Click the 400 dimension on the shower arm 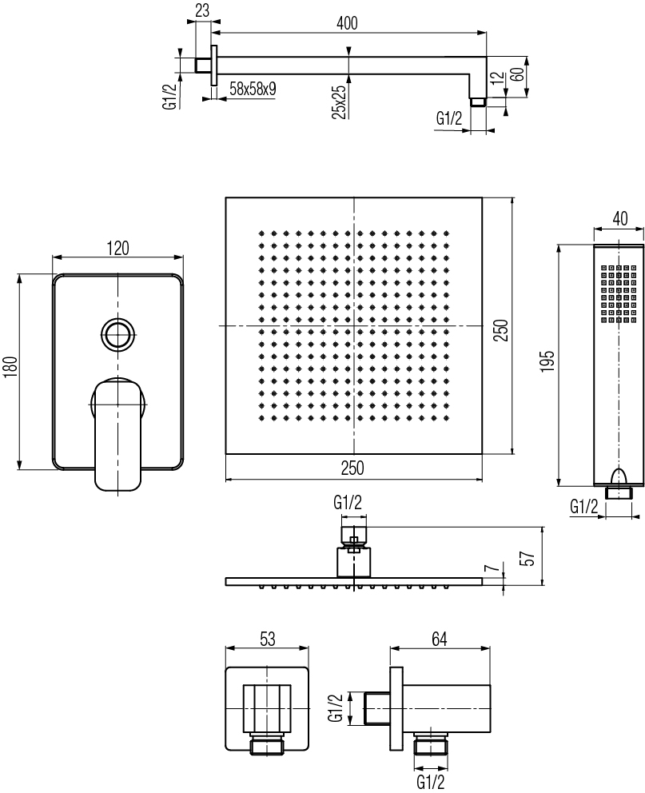coord(347,22)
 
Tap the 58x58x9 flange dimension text coord(253,89)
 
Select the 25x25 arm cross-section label coord(339,102)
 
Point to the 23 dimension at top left coord(202,10)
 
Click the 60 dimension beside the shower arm coord(516,75)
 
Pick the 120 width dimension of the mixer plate coord(117,248)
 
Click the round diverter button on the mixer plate coord(118,333)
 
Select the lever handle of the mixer coord(117,434)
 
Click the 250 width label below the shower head coord(352,468)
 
